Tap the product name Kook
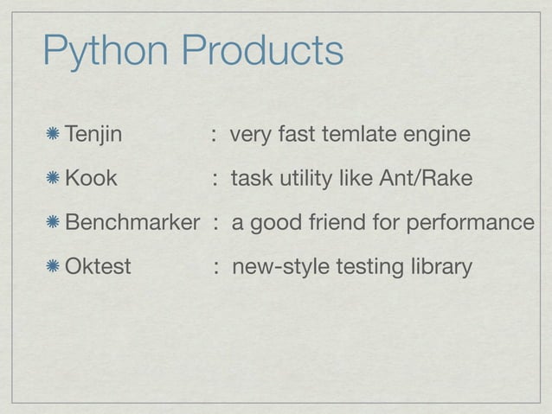91,179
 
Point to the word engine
437,137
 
